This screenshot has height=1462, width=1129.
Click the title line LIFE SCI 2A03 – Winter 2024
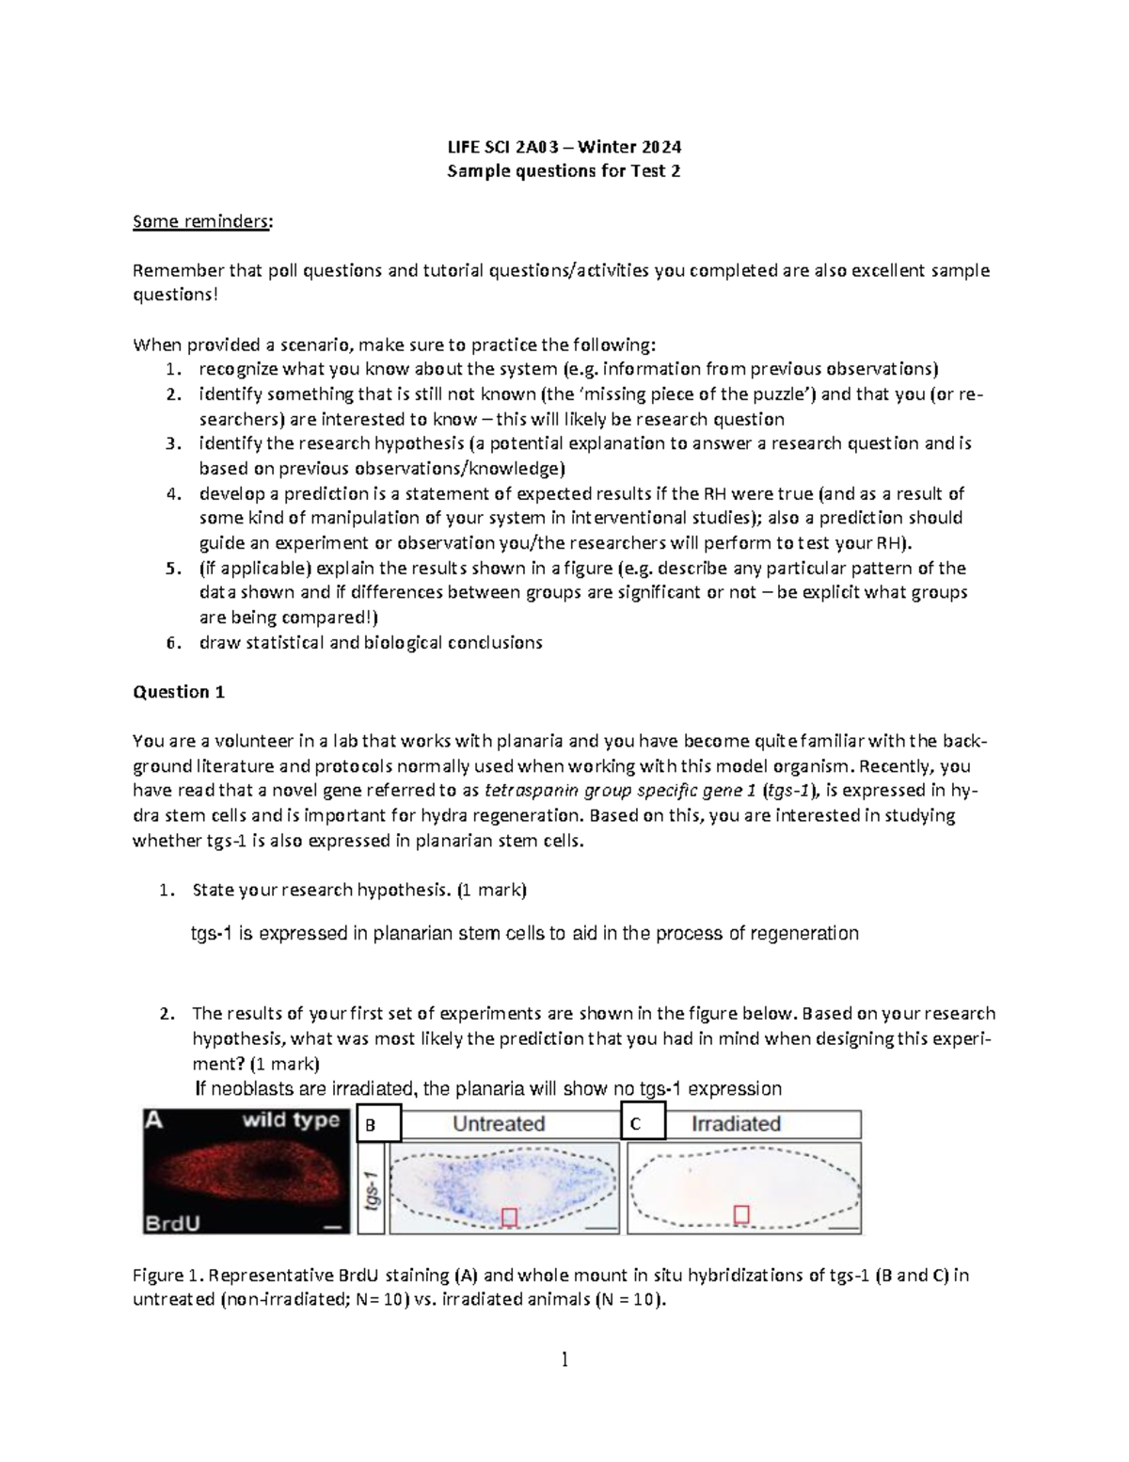[x=564, y=147]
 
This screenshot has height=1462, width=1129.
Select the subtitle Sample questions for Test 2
[x=564, y=171]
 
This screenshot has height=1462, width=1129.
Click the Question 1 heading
[x=179, y=692]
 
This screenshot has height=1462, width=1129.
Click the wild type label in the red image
[x=291, y=1120]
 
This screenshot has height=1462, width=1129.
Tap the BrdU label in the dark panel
[x=171, y=1223]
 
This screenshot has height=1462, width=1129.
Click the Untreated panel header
[x=499, y=1124]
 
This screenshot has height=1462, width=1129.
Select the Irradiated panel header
[x=736, y=1124]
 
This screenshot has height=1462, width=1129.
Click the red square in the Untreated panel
[x=510, y=1218]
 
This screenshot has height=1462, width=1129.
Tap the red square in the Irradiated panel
[x=741, y=1214]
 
